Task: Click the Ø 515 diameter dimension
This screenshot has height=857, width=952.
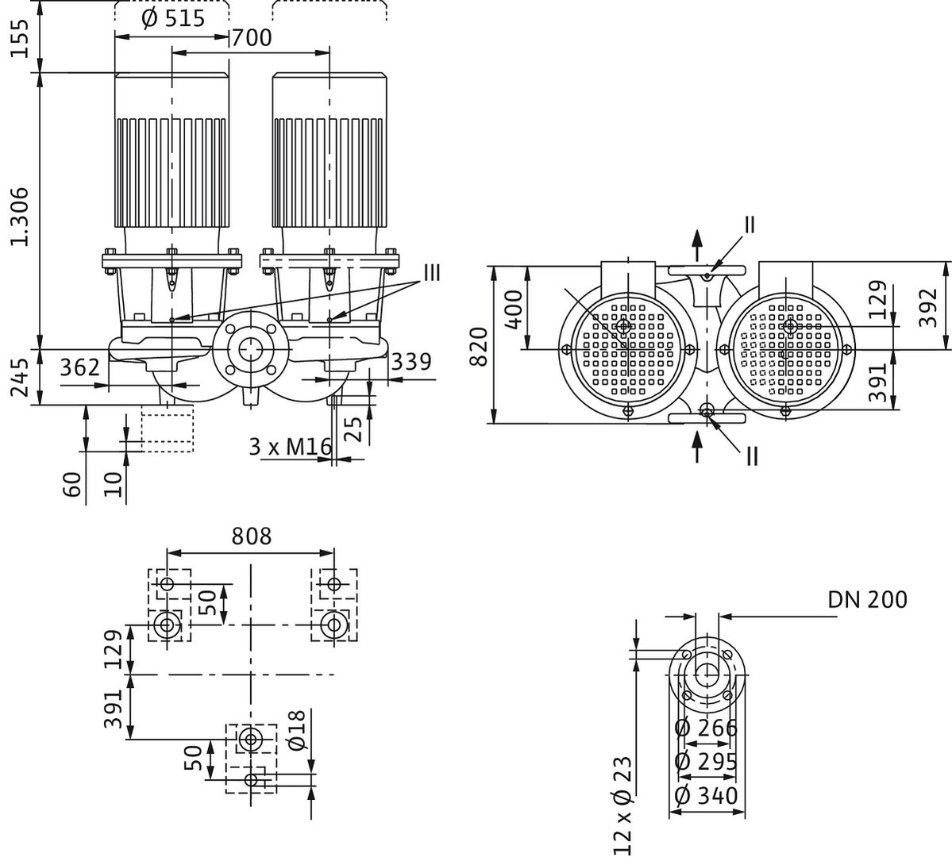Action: (x=172, y=18)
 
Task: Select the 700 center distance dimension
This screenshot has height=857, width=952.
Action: (x=251, y=37)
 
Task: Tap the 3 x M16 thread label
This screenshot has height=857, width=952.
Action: (x=289, y=448)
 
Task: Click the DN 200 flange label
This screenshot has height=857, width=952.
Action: (x=867, y=599)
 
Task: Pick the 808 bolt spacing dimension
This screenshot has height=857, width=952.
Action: (x=251, y=536)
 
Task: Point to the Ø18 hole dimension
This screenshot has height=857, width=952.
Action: (x=295, y=731)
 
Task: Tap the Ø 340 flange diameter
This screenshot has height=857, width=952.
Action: (x=706, y=796)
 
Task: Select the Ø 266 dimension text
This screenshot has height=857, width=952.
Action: (x=706, y=728)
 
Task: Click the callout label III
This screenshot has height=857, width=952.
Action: (x=431, y=274)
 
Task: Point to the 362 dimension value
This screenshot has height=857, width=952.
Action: (x=82, y=367)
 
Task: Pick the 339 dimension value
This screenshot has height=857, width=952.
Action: (x=411, y=362)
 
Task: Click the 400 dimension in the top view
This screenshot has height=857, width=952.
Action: (x=515, y=310)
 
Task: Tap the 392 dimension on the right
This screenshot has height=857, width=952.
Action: (x=929, y=307)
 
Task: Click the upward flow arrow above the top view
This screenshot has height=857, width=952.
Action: (x=698, y=244)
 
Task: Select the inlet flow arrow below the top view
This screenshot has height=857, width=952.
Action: (x=697, y=446)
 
